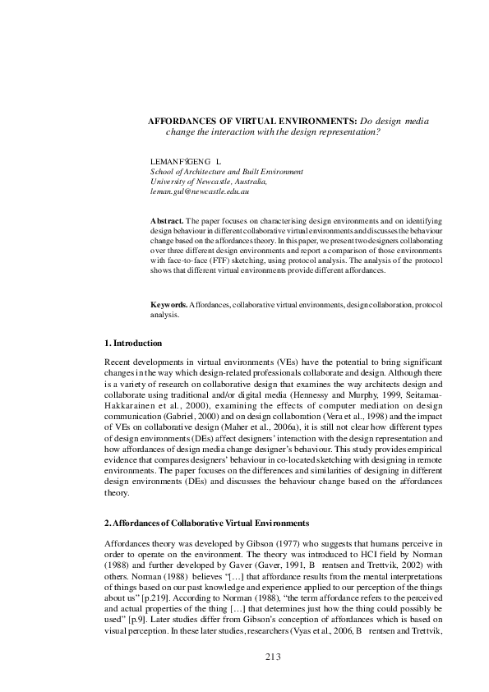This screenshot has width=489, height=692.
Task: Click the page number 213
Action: [x=274, y=655]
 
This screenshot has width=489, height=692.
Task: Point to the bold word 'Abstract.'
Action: [x=167, y=222]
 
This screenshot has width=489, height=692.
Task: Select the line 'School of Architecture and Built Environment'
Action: [x=227, y=172]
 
